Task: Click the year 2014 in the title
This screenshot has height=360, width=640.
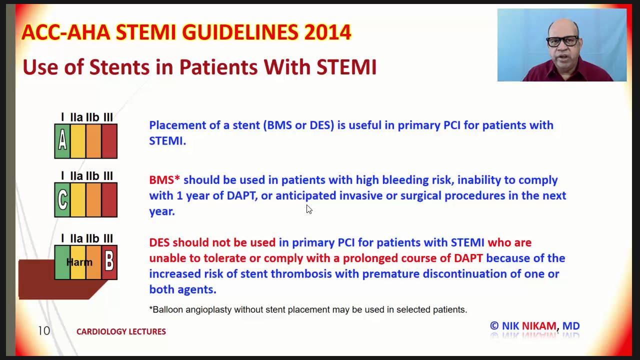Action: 327,32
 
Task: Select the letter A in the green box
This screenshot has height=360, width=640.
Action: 62,141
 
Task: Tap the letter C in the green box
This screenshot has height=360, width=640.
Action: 62,200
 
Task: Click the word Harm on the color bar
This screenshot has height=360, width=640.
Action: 79,262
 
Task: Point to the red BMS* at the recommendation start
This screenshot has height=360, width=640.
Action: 164,180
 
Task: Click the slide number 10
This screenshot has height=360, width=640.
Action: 44,331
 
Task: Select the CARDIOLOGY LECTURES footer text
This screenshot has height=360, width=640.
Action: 121,331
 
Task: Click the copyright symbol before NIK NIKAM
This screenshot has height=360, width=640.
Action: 494,326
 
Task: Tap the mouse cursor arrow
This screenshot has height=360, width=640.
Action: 309,209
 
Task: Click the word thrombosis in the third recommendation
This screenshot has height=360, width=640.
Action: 301,274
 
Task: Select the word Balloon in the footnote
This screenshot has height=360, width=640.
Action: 167,309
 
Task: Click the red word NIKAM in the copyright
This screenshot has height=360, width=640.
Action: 539,326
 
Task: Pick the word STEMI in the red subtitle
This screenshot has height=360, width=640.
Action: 346,67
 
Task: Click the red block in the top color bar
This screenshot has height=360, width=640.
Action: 109,141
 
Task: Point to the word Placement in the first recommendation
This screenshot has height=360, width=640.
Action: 177,125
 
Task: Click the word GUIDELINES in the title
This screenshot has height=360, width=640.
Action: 240,32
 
